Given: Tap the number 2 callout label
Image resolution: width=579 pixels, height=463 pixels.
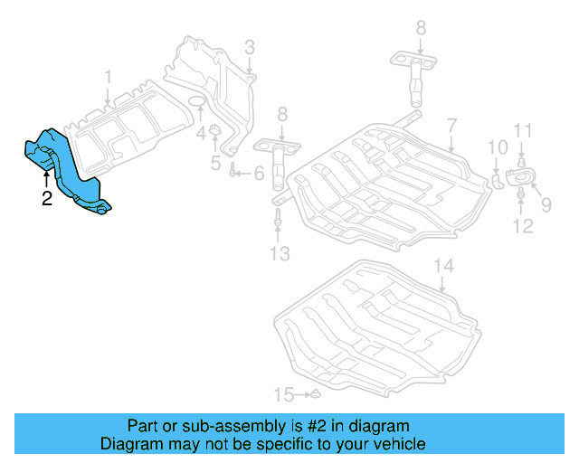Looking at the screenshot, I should point(47,198).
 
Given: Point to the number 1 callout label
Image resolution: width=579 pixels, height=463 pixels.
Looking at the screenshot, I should point(108,77).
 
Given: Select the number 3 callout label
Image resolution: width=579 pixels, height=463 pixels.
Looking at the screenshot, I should point(249,47).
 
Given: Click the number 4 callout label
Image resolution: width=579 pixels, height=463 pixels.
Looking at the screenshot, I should point(201,134).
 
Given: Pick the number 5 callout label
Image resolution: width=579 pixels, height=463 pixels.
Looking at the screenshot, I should point(215,163).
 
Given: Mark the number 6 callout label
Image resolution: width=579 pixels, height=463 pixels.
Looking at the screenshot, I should point(258,172).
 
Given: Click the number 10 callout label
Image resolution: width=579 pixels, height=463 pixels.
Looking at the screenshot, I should point(498,147).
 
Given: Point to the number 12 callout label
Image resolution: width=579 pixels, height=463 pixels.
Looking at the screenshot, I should point(524,225).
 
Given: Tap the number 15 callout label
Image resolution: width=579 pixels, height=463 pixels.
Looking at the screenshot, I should point(285,394).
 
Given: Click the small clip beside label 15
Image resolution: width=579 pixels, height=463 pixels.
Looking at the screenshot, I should point(315,394).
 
